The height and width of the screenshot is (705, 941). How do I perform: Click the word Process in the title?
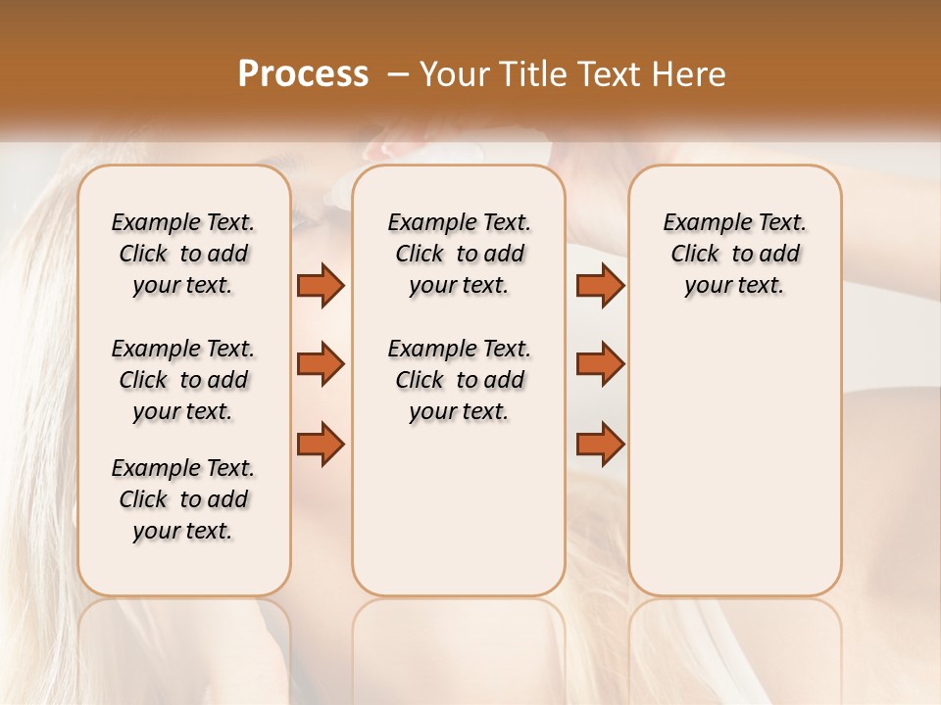[x=303, y=74]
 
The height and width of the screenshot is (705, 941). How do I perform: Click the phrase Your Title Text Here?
[x=572, y=74]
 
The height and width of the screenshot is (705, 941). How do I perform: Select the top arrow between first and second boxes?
[x=321, y=285]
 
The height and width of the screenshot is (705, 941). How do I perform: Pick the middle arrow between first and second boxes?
[x=321, y=364]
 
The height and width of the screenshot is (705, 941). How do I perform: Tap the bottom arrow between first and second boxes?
[x=321, y=445]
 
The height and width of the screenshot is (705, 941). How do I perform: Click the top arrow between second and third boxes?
[x=600, y=285]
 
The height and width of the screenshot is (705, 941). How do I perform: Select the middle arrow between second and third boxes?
[x=600, y=364]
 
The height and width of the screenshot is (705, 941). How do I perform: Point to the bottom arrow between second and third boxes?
[x=600, y=445]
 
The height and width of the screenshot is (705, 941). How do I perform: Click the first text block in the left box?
[x=183, y=254]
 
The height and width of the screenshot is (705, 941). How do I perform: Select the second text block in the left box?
[x=183, y=380]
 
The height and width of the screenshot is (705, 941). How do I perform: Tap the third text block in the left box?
[x=183, y=499]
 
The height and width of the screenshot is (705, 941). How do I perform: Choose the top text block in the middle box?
[x=459, y=254]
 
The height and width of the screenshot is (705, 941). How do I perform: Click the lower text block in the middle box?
[x=459, y=380]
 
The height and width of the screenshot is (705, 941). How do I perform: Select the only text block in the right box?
[x=734, y=254]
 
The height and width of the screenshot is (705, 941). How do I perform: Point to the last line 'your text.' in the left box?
[x=183, y=531]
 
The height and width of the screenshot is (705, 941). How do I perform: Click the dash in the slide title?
[x=398, y=74]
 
